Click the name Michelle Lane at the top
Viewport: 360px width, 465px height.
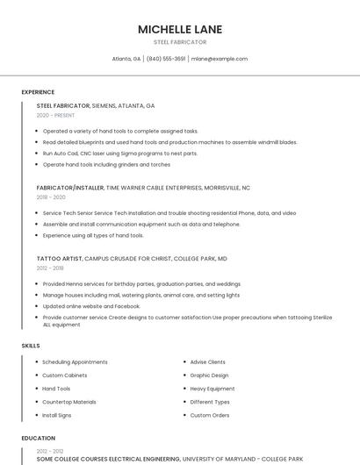point(180,29)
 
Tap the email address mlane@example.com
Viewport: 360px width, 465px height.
point(219,59)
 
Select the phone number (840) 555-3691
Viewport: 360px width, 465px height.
point(166,59)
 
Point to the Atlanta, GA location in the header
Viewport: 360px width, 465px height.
point(126,59)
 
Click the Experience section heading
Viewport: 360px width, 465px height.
point(38,92)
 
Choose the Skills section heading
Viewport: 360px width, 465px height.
point(31,346)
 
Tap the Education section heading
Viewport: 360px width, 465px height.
point(38,437)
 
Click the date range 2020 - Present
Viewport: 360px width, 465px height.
point(55,115)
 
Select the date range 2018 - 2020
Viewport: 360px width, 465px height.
point(51,197)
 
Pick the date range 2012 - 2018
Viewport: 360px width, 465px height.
point(50,268)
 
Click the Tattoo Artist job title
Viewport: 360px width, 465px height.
point(60,259)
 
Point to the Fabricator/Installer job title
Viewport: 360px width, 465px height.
point(70,188)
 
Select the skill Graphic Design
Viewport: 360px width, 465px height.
point(209,376)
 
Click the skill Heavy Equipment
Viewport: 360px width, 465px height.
point(212,389)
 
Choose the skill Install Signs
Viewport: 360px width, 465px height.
point(57,415)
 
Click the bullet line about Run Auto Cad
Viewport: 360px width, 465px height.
point(120,153)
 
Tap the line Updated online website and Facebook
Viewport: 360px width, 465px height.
point(91,306)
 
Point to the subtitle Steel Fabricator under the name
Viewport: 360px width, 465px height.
point(180,42)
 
